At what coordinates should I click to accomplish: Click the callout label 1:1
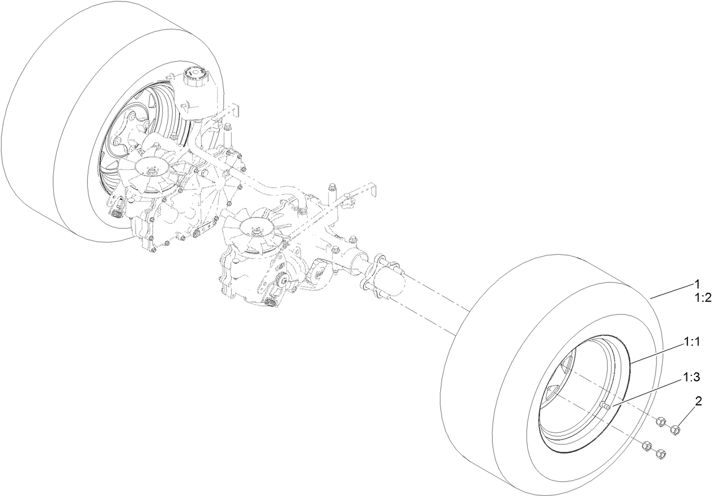tap(693, 343)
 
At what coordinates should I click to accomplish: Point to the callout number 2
tap(699, 402)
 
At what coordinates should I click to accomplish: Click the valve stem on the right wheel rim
tap(604, 405)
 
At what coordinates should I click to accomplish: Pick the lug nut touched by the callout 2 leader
tap(674, 430)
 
